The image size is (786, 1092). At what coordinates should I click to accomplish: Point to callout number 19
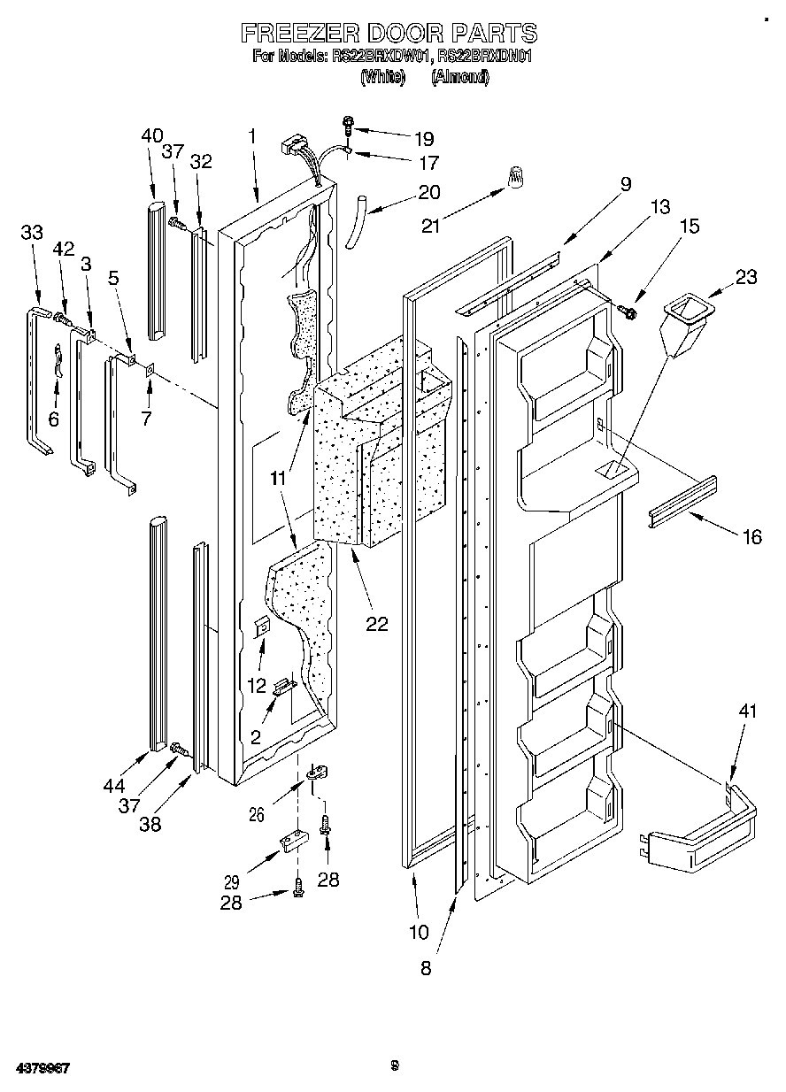pyautogui.click(x=424, y=138)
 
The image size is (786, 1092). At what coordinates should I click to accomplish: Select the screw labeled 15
pyautogui.click(x=628, y=311)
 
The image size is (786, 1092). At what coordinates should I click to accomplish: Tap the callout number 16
pyautogui.click(x=751, y=536)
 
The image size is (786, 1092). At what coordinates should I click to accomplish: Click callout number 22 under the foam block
pyautogui.click(x=377, y=623)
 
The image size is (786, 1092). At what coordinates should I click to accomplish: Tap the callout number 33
pyautogui.click(x=32, y=233)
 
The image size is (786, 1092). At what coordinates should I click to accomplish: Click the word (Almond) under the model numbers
pyautogui.click(x=460, y=78)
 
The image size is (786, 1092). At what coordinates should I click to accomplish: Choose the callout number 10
pyautogui.click(x=419, y=932)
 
